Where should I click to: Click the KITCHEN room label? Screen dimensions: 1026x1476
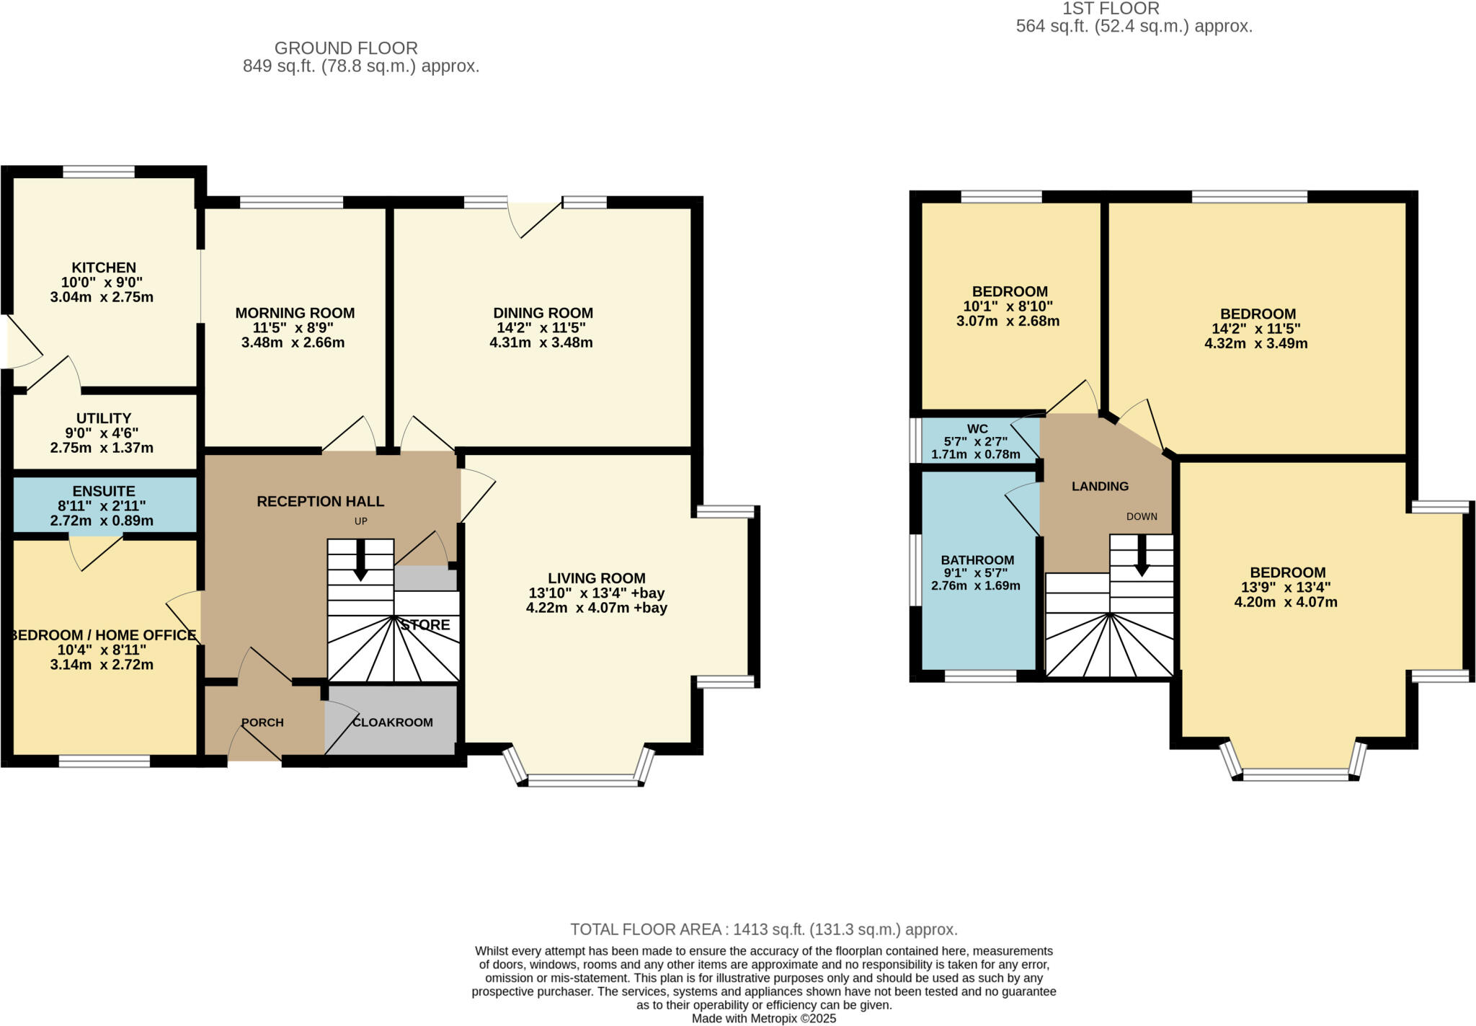pos(104,267)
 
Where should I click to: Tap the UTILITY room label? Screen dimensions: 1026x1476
pos(104,418)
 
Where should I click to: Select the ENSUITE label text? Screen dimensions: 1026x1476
pos(104,491)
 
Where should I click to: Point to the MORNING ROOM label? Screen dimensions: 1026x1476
pos(295,313)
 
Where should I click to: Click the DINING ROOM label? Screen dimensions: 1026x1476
pos(543,313)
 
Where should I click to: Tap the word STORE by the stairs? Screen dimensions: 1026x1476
pos(425,625)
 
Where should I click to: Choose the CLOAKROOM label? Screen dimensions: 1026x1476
pos(393,722)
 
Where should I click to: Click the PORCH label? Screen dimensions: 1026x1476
pos(262,722)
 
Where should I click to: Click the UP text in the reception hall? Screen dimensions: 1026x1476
pos(361,521)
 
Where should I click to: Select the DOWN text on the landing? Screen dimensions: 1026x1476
pos(1142,516)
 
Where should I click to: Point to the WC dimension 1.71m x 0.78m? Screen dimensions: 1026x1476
pos(975,455)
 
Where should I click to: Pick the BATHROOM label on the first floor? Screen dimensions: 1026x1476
pos(977,560)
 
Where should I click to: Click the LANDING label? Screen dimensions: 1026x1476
pos(1100,487)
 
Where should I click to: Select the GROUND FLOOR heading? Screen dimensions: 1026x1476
pos(346,48)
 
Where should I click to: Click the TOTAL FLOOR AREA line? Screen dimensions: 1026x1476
pos(764,929)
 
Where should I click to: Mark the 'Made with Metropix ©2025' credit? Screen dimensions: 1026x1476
pos(764,1019)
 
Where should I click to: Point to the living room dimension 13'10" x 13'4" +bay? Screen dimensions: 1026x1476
pos(597,593)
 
